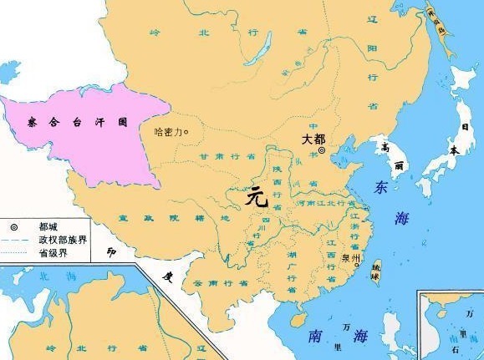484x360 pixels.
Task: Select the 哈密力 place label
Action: pos(170,131)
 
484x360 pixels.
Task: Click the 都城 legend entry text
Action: pos(50,226)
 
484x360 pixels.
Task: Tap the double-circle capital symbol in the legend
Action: pos(14,226)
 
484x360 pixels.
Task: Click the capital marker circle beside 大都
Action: pos(321,150)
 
